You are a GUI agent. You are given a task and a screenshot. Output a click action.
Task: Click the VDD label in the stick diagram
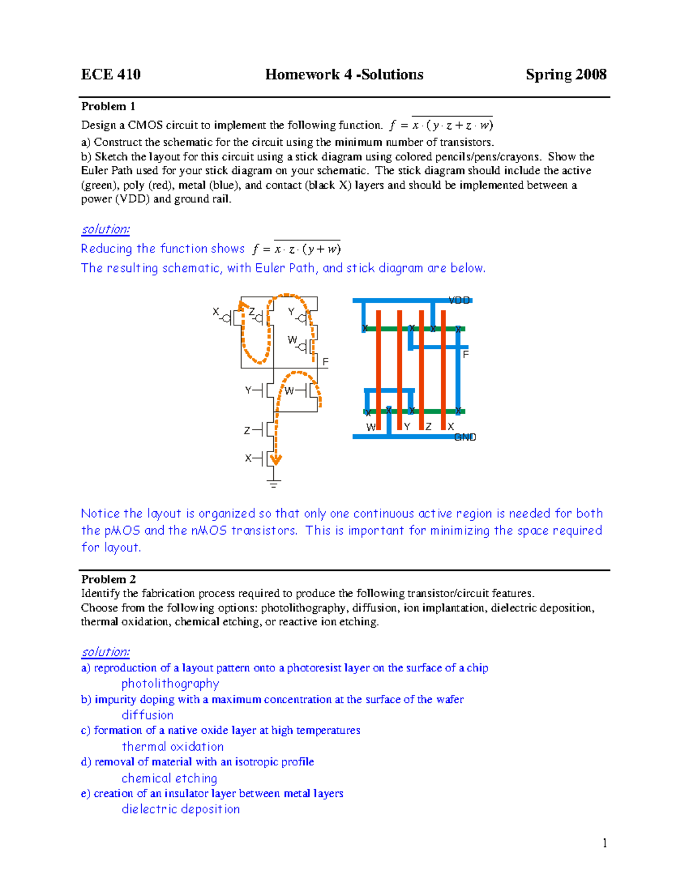click(459, 300)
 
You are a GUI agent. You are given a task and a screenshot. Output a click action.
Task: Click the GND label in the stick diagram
click(465, 437)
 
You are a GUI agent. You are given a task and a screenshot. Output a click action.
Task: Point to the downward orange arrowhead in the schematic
click(276, 459)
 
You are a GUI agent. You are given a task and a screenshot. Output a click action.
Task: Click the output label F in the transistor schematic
click(326, 362)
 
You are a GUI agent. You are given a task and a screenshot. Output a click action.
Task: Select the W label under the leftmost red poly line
click(371, 427)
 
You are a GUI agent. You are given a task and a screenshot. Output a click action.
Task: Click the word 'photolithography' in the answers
click(170, 684)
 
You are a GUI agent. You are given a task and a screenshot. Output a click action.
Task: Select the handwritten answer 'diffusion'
click(148, 715)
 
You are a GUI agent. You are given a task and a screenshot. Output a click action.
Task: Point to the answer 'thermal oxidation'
click(172, 747)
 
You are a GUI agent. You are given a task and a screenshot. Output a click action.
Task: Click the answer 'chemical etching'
click(169, 779)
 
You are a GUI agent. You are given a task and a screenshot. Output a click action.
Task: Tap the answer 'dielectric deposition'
click(180, 810)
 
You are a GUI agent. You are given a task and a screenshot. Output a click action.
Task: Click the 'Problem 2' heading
click(109, 579)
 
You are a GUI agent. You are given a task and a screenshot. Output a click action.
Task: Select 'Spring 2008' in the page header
click(566, 75)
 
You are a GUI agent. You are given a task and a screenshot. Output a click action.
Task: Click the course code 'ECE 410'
click(111, 75)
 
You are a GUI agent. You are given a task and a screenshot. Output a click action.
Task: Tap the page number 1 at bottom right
click(605, 843)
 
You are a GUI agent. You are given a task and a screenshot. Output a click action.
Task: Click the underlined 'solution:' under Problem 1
click(106, 229)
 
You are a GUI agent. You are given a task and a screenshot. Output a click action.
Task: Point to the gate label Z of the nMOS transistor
click(247, 430)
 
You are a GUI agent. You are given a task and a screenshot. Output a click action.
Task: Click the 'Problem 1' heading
click(109, 106)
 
